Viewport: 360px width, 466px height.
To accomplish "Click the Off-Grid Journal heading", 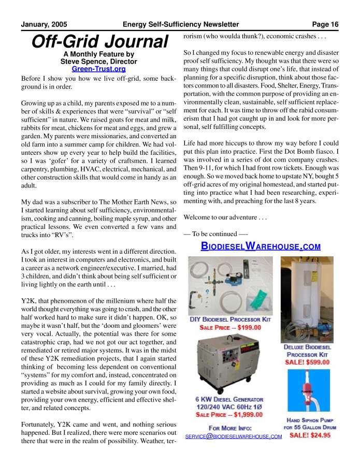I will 98,41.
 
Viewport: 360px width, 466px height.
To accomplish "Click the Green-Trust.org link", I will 98,68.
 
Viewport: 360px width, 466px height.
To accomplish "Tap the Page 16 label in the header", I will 325,24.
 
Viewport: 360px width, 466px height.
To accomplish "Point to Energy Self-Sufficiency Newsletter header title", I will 181,24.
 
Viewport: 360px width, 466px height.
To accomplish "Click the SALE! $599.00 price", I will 307,362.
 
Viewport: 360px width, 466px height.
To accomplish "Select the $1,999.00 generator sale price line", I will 231,415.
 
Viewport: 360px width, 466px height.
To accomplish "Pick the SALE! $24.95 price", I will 310,435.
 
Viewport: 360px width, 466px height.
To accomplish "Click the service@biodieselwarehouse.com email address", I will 233,436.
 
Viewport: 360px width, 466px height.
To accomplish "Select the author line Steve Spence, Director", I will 98,61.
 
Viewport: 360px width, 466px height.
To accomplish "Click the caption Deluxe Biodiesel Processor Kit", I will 307,350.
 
